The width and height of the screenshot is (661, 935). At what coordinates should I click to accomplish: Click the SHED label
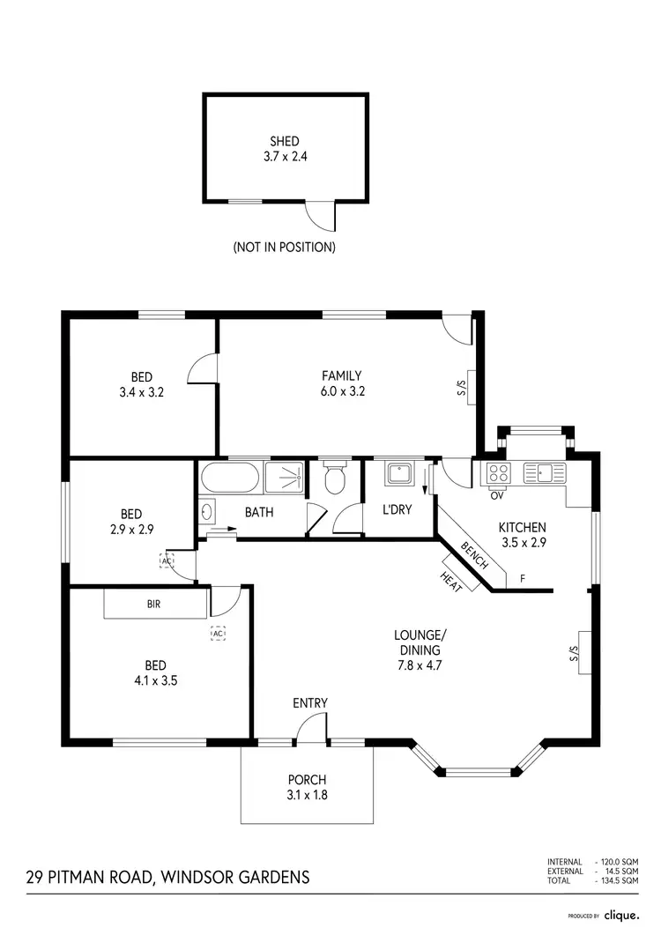pos(285,141)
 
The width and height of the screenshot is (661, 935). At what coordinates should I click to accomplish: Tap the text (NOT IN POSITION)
pos(284,248)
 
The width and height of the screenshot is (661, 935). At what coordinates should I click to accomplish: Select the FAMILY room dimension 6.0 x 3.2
pos(341,392)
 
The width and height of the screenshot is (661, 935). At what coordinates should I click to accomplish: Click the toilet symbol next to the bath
pos(334,479)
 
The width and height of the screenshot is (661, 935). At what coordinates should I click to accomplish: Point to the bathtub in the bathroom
pos(230,479)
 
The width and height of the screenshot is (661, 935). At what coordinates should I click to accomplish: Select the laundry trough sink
pos(401,475)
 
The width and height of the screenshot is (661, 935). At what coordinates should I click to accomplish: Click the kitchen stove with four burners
pos(498,473)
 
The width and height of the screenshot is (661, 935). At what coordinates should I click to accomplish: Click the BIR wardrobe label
pos(154,605)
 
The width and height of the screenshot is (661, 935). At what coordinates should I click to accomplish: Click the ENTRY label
pos(310,702)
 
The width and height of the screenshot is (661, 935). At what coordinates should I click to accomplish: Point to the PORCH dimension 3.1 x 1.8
pos(307,794)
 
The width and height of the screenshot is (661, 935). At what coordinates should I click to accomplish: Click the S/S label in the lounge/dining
pos(573,653)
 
